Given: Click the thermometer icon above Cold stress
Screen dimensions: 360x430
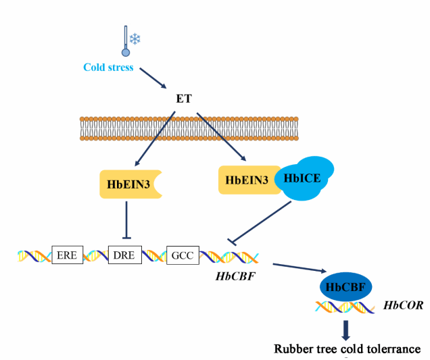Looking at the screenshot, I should click(x=125, y=41).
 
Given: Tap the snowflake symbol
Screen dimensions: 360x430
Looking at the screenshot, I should click(x=135, y=38).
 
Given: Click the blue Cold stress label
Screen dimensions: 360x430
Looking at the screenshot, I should click(x=108, y=68).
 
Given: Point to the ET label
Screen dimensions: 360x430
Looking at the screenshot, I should click(x=184, y=99).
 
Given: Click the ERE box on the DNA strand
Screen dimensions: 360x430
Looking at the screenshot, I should click(x=66, y=255).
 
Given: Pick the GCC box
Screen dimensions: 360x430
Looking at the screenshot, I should click(x=183, y=255).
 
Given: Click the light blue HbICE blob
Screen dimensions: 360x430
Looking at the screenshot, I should click(x=304, y=178).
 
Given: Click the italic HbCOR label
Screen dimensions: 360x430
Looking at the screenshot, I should click(x=403, y=305).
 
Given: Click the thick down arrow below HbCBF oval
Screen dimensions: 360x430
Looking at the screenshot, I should click(x=346, y=330).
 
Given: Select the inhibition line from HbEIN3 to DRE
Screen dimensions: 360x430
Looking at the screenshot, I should click(x=127, y=220).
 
